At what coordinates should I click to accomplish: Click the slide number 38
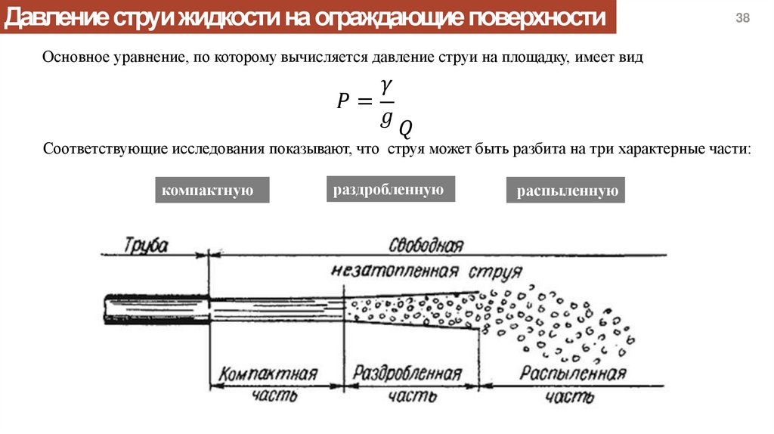click(x=742, y=19)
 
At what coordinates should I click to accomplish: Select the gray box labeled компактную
click(x=212, y=191)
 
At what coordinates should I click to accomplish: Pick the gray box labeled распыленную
click(x=567, y=191)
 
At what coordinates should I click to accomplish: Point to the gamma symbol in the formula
click(x=385, y=88)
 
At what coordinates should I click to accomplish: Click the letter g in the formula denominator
click(x=385, y=116)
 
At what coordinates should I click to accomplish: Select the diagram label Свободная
click(x=426, y=245)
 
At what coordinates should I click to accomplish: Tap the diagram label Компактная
click(x=268, y=374)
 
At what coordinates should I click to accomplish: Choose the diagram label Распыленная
click(x=573, y=374)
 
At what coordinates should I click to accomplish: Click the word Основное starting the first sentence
click(x=79, y=57)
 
